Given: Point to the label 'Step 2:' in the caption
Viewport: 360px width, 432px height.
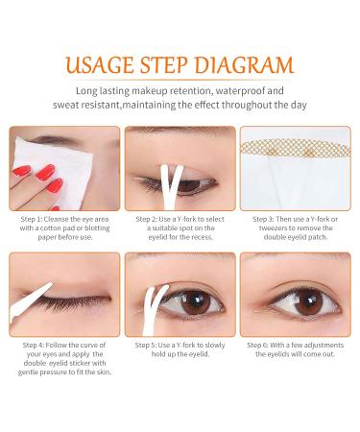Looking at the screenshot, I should click(x=145, y=219).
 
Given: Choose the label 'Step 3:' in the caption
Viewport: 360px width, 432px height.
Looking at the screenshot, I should click(x=265, y=219).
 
